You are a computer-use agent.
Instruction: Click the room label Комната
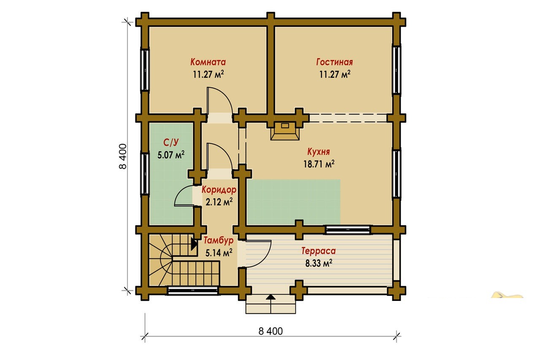pos(208,62)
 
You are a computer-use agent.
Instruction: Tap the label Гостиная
pos(335,62)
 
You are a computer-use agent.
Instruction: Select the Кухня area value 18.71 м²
pos(319,164)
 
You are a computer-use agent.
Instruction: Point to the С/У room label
pos(171,143)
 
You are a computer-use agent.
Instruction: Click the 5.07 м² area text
pos(171,154)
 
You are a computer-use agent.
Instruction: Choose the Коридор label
pos(219,190)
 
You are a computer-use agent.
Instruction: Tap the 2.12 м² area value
pos(219,202)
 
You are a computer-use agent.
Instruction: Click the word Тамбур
pos(219,241)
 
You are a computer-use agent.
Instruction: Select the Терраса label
pos(319,251)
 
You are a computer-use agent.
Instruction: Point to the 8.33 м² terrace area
pos(319,263)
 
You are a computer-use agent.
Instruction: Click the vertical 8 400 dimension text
pos(123,157)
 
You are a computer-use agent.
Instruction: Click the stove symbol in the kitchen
pos(285,131)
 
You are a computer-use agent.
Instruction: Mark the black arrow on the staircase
pos(194,244)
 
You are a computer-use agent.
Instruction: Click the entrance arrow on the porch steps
pos(271,297)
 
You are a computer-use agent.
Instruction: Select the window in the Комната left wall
pos(145,70)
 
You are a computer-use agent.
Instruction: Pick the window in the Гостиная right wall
pos(397,70)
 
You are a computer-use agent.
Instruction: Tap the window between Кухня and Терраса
pos(347,230)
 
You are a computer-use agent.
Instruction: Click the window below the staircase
pos(193,290)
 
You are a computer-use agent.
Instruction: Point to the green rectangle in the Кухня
pos(293,202)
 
